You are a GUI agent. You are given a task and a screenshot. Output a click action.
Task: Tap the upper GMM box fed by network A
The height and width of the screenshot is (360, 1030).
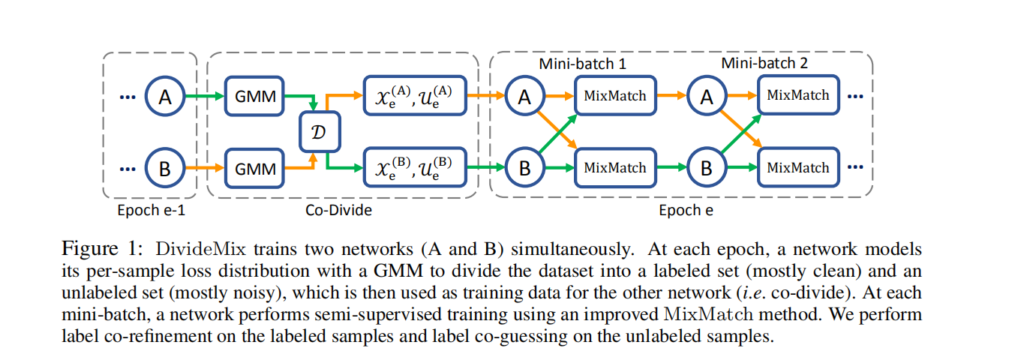click(254, 96)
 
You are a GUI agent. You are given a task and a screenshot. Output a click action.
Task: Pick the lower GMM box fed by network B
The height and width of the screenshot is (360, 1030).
click(254, 168)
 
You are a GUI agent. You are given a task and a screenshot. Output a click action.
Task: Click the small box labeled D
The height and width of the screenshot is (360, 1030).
click(320, 132)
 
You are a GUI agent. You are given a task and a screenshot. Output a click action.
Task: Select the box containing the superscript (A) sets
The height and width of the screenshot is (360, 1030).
click(415, 95)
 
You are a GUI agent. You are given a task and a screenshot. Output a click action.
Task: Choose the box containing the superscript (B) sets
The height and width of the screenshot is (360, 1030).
click(415, 168)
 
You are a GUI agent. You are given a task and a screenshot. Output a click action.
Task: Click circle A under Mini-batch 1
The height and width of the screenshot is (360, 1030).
click(524, 96)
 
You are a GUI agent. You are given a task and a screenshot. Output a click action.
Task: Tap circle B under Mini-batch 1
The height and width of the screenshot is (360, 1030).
click(524, 168)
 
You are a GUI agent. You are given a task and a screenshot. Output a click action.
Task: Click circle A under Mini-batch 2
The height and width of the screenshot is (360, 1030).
click(706, 96)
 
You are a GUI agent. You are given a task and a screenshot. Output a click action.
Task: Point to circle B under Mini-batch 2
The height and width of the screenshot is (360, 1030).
click(706, 168)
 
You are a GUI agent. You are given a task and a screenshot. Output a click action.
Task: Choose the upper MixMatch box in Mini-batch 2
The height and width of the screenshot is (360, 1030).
click(797, 96)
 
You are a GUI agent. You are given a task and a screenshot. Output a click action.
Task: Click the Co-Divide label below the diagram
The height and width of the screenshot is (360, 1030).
click(338, 210)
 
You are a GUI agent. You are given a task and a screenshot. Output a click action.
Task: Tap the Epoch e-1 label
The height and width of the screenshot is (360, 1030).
click(151, 210)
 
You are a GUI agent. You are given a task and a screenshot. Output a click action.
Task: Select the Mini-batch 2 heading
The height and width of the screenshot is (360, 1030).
click(764, 63)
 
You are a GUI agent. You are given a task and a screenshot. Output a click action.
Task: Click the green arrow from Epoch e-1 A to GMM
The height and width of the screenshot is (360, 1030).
click(204, 96)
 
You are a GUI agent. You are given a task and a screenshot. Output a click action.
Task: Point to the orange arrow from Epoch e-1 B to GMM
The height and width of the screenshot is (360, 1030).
click(204, 168)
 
